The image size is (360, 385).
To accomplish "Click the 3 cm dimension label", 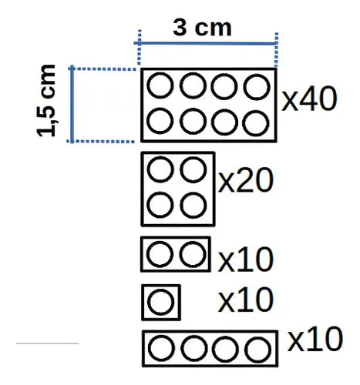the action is pyautogui.click(x=202, y=28).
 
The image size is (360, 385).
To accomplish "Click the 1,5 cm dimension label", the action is pyautogui.click(x=46, y=101).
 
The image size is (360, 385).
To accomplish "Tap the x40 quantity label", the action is pyautogui.click(x=309, y=99).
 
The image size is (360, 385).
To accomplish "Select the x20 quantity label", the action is pyautogui.click(x=245, y=180).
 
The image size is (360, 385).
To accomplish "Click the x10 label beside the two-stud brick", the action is pyautogui.click(x=245, y=259).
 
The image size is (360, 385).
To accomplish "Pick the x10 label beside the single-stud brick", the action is pyautogui.click(x=245, y=300).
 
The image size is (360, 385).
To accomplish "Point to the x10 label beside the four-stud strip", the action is pyautogui.click(x=315, y=339).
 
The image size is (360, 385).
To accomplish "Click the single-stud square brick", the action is pyautogui.click(x=161, y=303).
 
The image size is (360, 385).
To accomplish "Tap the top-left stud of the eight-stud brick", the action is pyautogui.click(x=160, y=85).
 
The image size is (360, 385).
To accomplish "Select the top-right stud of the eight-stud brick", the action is pyautogui.click(x=257, y=86).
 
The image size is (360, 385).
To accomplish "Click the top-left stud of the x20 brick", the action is pyautogui.click(x=160, y=169).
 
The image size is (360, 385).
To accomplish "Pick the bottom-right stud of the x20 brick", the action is pyautogui.click(x=193, y=206).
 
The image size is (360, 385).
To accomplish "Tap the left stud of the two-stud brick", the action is pyautogui.click(x=160, y=254).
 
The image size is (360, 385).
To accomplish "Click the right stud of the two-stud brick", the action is pyautogui.click(x=193, y=254).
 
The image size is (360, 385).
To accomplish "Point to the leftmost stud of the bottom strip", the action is pyautogui.click(x=161, y=348).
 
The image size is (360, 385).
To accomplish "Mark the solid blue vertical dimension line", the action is pyautogui.click(x=72, y=104).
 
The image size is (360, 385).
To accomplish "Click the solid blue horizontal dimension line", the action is pyautogui.click(x=206, y=43).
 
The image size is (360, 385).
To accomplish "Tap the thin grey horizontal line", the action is pyautogui.click(x=48, y=343).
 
